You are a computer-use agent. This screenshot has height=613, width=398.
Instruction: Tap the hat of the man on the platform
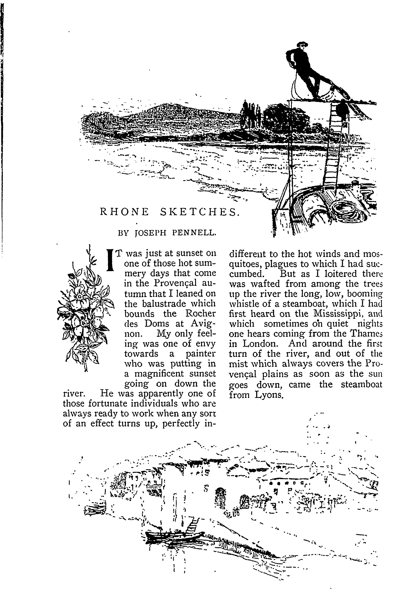pos(302,44)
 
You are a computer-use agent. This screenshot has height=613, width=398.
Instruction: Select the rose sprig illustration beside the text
pos(85,309)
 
